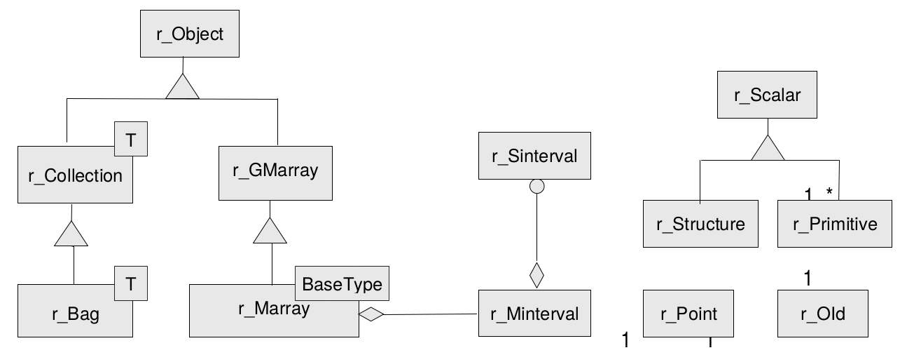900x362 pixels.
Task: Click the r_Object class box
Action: click(x=190, y=34)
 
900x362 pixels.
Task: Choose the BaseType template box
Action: click(x=341, y=284)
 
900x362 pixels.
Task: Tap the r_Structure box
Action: click(x=700, y=224)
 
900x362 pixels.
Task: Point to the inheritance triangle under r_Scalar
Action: click(x=768, y=148)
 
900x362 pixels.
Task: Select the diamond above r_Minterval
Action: click(x=536, y=275)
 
